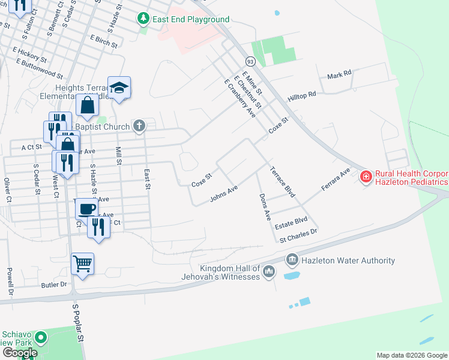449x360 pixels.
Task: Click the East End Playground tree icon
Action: tap(143, 19)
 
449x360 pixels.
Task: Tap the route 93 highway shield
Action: tap(250, 61)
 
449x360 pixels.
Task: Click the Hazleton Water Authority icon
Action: tap(292, 260)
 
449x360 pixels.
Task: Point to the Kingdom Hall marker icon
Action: tap(270, 272)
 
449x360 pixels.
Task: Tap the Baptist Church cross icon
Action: tap(139, 126)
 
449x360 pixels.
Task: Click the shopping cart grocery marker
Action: tap(82, 263)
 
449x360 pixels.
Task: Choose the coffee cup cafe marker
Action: tap(87, 208)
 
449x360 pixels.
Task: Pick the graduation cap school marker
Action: tap(119, 88)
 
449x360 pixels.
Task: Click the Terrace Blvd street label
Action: tap(282, 182)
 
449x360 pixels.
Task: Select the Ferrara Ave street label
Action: tap(335, 179)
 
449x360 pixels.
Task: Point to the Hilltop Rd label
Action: tap(301, 96)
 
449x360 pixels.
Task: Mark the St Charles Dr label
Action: tap(298, 235)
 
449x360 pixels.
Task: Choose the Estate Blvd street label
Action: tap(291, 224)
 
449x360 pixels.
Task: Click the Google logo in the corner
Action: tap(20, 353)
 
